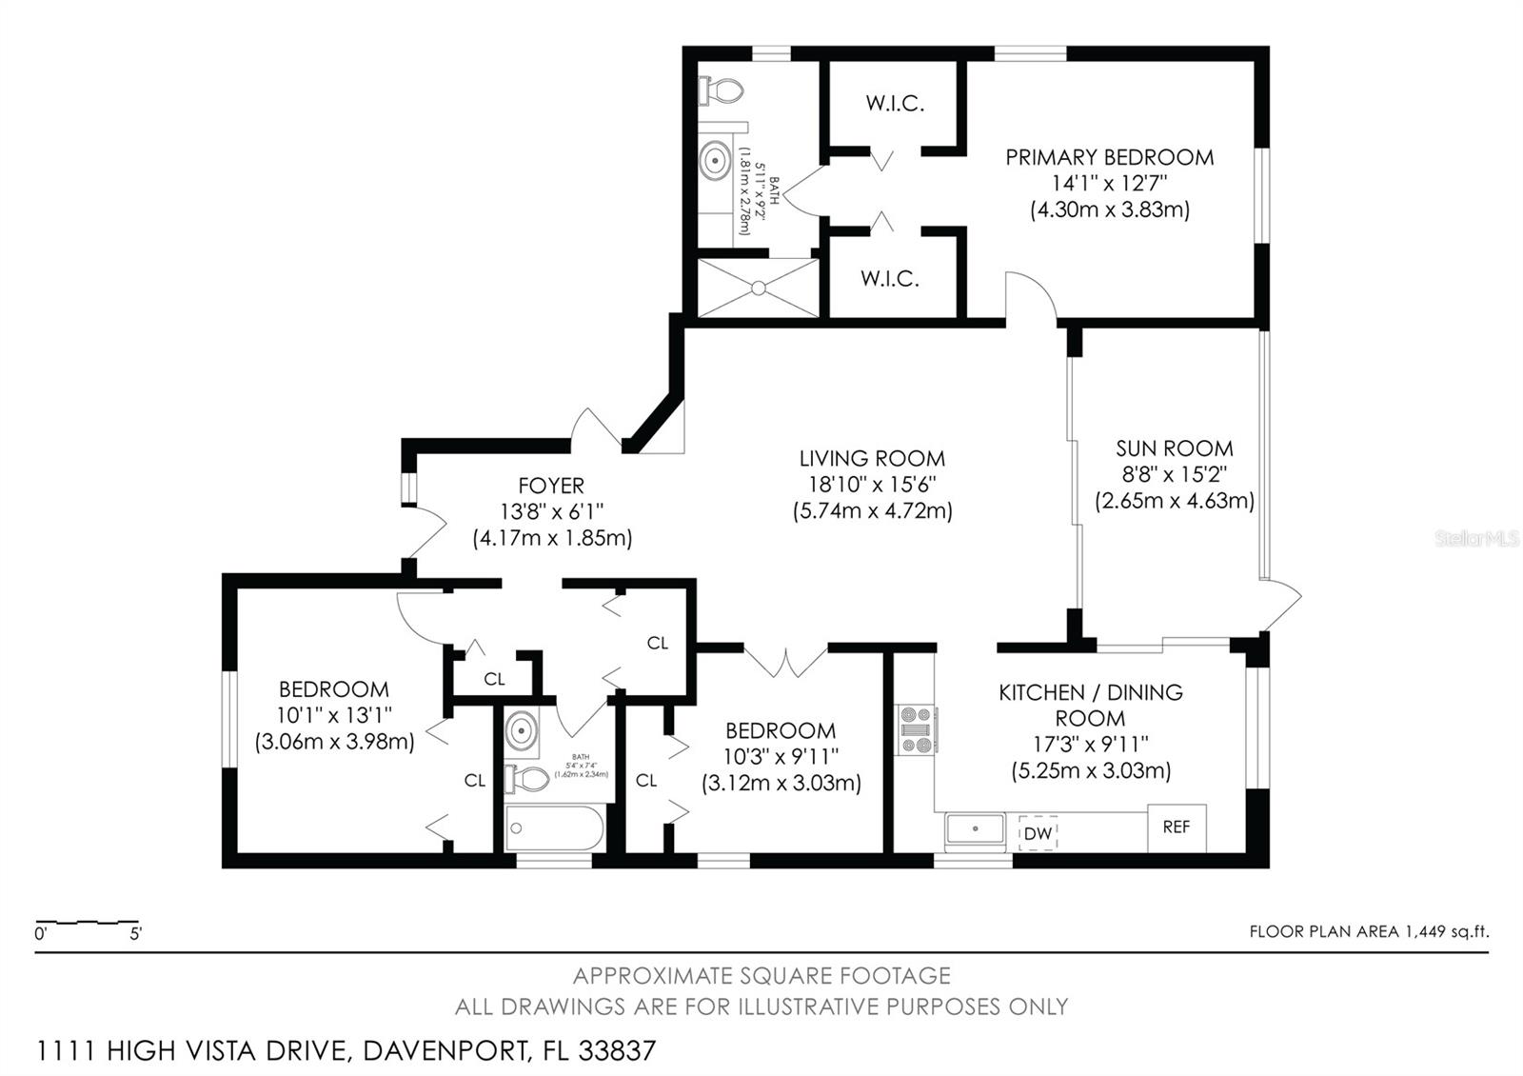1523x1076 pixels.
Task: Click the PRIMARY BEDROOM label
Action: (1109, 157)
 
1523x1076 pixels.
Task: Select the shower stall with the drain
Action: (758, 287)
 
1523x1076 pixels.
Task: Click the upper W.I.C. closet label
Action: (895, 103)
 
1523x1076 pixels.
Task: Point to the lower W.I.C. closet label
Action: (890, 279)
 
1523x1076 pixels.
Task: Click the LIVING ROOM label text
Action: (872, 459)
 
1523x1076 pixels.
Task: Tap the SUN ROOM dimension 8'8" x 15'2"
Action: (1174, 474)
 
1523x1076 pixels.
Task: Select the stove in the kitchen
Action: (916, 730)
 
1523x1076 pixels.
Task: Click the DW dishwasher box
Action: (1038, 834)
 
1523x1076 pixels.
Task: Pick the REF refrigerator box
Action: (1177, 827)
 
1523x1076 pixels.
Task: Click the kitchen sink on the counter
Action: (975, 830)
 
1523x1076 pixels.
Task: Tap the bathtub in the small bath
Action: (554, 828)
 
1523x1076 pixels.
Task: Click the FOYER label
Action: (551, 486)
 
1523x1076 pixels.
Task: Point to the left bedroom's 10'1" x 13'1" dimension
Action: (334, 715)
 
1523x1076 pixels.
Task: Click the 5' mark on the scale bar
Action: (135, 934)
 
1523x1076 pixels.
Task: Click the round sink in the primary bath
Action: (716, 160)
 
